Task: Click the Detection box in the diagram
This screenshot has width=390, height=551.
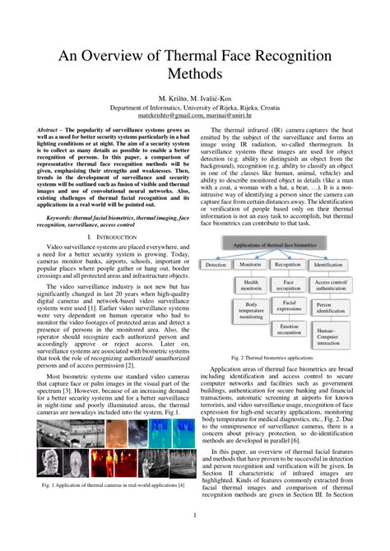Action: pyautogui.click(x=216, y=265)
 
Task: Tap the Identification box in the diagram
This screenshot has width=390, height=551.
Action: pyautogui.click(x=327, y=265)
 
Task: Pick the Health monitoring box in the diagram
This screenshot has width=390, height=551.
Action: pyautogui.click(x=251, y=285)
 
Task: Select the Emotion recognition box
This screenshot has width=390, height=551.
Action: pyautogui.click(x=289, y=331)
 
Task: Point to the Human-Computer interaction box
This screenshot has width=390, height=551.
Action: pyautogui.click(x=327, y=336)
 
